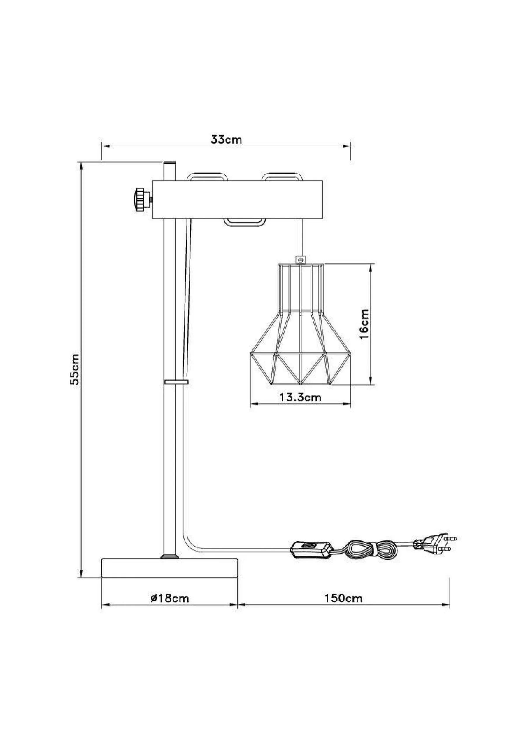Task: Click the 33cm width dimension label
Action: coord(226,139)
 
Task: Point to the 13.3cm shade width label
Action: coord(300,397)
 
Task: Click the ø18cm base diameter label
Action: coord(170,598)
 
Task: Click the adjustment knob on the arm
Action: coord(142,199)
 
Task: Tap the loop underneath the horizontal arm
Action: coord(245,223)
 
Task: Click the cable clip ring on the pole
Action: coord(176,382)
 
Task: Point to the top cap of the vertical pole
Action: coord(169,164)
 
